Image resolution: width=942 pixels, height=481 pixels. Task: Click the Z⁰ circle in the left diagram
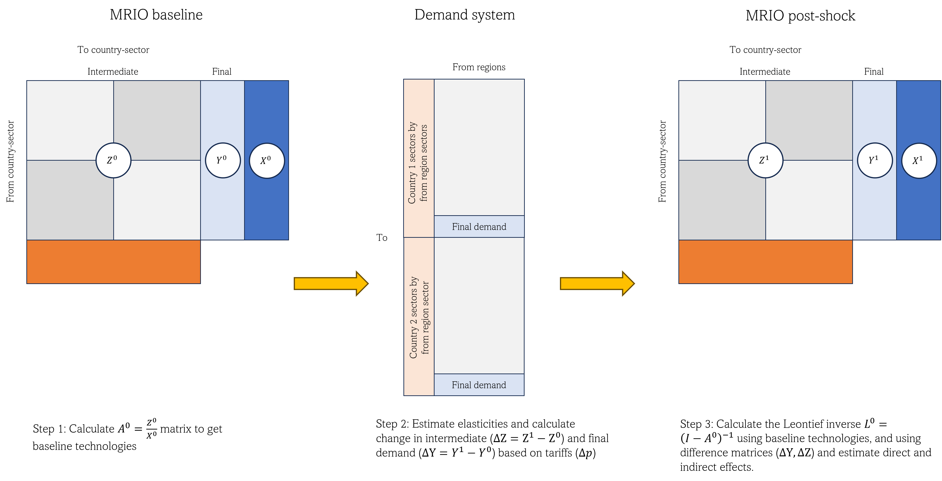(113, 160)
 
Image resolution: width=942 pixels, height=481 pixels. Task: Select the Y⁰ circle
(223, 160)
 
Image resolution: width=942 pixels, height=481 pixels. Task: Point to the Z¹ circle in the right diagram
(765, 160)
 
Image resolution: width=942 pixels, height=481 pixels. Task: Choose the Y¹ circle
(875, 160)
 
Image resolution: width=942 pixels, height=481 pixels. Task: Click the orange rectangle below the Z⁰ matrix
(113, 262)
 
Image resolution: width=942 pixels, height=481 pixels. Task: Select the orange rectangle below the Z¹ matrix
(765, 262)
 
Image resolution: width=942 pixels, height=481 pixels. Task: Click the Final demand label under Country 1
(479, 227)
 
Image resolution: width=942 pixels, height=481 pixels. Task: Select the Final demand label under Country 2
(479, 385)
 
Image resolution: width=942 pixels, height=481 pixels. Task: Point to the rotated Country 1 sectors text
(418, 163)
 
